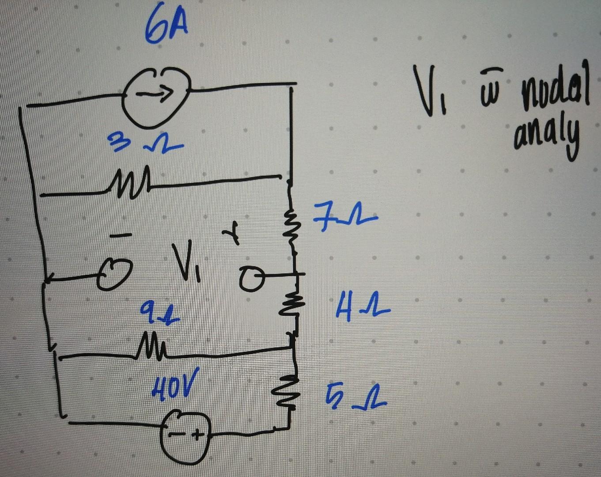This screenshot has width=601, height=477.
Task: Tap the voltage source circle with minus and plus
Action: coord(185,437)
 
